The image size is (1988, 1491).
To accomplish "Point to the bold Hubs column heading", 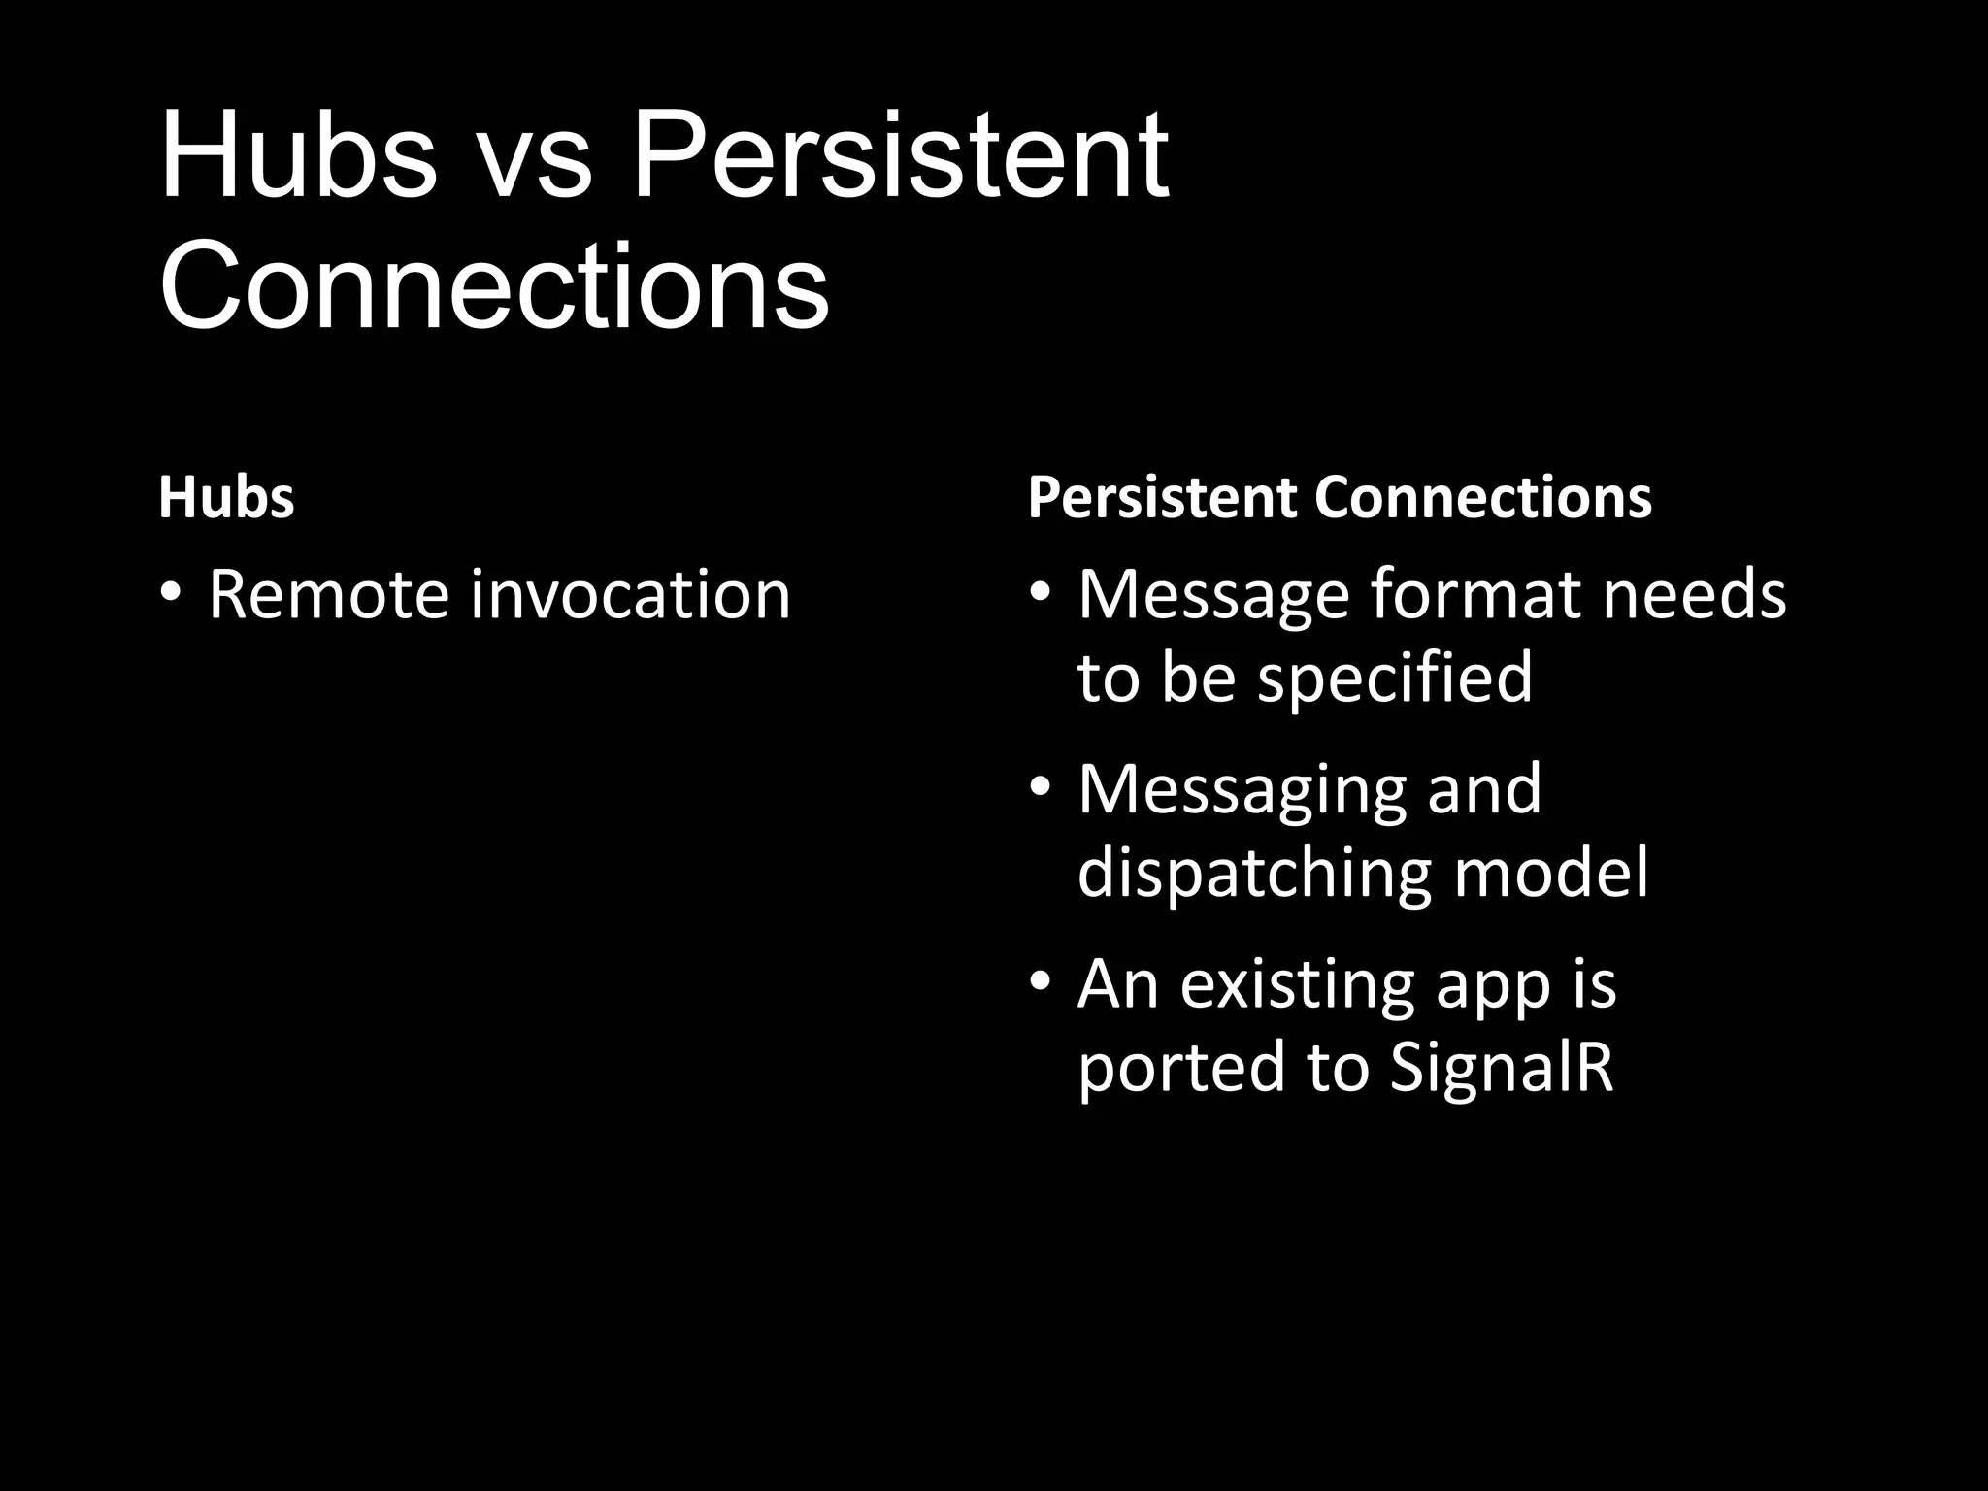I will point(226,498).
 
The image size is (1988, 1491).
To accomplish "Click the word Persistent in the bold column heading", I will point(1162,498).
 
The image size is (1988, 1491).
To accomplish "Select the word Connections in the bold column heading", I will point(1482,498).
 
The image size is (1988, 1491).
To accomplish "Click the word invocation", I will point(631,594).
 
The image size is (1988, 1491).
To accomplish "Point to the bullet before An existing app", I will point(1041,981).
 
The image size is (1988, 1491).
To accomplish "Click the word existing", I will point(1297,986).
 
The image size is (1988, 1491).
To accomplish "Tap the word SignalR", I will point(1501,1067).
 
